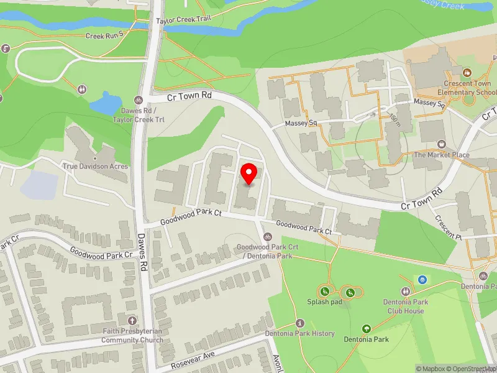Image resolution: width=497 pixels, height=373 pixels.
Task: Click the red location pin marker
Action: click(249, 173)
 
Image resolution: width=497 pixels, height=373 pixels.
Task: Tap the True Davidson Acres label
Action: click(95, 166)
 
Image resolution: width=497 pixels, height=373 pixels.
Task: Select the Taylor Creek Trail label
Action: click(184, 19)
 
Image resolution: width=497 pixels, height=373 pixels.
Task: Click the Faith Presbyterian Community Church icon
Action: click(132, 321)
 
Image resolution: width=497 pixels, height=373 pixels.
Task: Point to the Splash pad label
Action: click(324, 303)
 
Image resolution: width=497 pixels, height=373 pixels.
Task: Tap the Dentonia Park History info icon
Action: click(300, 323)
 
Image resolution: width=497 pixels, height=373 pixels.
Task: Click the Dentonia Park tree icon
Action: click(366, 329)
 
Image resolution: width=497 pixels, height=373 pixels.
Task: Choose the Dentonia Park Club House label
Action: click(406, 307)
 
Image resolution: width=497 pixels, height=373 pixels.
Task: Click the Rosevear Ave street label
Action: click(194, 356)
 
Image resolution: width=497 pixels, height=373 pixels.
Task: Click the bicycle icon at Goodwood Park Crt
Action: click(268, 236)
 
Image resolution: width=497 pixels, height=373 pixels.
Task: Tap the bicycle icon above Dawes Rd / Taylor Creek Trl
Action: click(139, 99)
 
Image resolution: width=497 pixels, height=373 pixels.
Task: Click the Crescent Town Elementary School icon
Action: click(467, 72)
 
